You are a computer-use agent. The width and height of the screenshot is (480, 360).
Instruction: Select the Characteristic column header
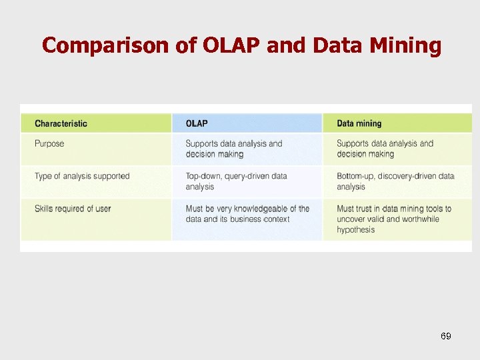pyautogui.click(x=61, y=123)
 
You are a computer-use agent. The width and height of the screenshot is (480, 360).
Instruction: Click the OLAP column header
pyautogui.click(x=197, y=123)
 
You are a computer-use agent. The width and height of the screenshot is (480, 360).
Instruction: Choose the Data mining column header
pyautogui.click(x=359, y=123)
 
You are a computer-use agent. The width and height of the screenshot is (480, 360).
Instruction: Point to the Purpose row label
pyautogui.click(x=49, y=143)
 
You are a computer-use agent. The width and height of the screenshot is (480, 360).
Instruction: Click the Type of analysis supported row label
pyautogui.click(x=82, y=176)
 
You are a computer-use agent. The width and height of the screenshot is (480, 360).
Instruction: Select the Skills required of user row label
pyautogui.click(x=73, y=209)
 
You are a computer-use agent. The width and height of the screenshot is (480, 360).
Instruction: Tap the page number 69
pyautogui.click(x=446, y=336)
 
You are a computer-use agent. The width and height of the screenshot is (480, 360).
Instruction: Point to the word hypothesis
pyautogui.click(x=356, y=230)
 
